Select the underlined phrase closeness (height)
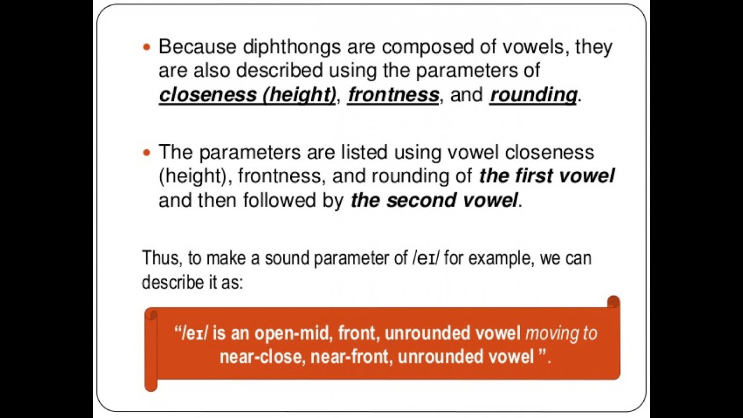pos(247,95)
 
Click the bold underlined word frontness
pos(393,95)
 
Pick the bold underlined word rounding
pos(533,95)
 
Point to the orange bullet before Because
pos(146,46)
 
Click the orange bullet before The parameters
pos(146,153)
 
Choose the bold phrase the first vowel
pos(547,176)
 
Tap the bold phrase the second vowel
pos(434,200)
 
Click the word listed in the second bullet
pos(362,153)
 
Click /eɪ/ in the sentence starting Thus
pos(426,258)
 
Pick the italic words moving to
pos(561,333)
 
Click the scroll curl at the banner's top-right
pos(613,302)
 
